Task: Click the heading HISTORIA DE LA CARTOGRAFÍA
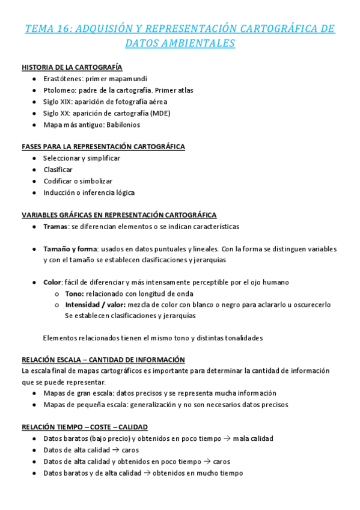(72, 67)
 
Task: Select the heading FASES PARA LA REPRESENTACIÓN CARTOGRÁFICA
(103, 146)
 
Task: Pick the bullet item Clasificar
(58, 170)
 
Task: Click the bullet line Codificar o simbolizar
(78, 181)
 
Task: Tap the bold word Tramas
(55, 227)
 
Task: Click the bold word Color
(53, 282)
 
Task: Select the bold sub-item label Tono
(75, 293)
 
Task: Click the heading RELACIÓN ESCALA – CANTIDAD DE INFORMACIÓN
(103, 359)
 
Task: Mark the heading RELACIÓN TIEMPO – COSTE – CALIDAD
(85, 427)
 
